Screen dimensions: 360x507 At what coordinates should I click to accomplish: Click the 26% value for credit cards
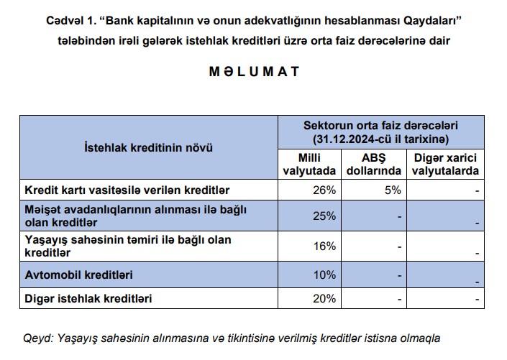[x=325, y=190]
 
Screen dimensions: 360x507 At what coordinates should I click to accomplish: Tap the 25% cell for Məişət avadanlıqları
[x=325, y=216]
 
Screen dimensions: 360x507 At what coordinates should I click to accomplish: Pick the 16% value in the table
[x=325, y=246]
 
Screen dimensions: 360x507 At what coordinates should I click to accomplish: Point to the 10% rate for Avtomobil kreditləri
[x=325, y=274]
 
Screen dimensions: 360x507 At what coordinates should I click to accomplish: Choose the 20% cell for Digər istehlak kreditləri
[x=325, y=297]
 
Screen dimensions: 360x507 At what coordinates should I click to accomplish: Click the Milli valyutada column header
[x=308, y=165]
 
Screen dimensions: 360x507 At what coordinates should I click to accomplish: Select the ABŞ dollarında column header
[x=373, y=165]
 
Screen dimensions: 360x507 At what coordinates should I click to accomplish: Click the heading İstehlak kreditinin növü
[x=148, y=148]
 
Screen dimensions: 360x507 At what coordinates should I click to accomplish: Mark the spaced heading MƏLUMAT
[x=253, y=73]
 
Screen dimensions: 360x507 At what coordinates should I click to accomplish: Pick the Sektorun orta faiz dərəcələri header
[x=380, y=125]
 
